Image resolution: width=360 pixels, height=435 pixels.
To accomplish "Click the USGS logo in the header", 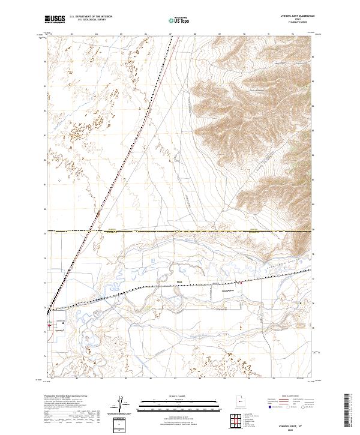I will click(x=55, y=20).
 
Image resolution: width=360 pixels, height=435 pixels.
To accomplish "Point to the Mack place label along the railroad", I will click(x=179, y=280).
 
